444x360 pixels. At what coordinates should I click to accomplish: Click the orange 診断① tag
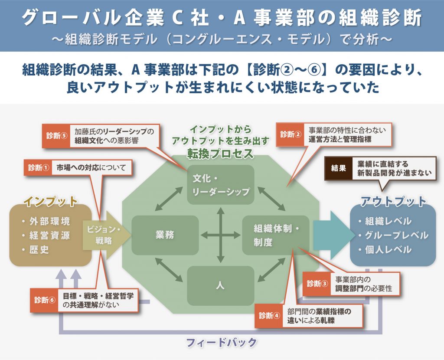point(38,168)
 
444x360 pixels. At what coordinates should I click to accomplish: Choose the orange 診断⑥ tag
point(45,300)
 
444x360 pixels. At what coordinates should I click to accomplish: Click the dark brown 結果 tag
point(338,169)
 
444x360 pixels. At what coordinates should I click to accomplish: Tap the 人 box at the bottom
point(220,285)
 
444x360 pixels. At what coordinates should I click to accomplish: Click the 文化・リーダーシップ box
point(221,185)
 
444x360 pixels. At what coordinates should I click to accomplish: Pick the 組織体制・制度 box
point(276,235)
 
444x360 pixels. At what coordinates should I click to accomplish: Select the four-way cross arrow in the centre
point(221,235)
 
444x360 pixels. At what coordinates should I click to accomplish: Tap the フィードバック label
point(222,342)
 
